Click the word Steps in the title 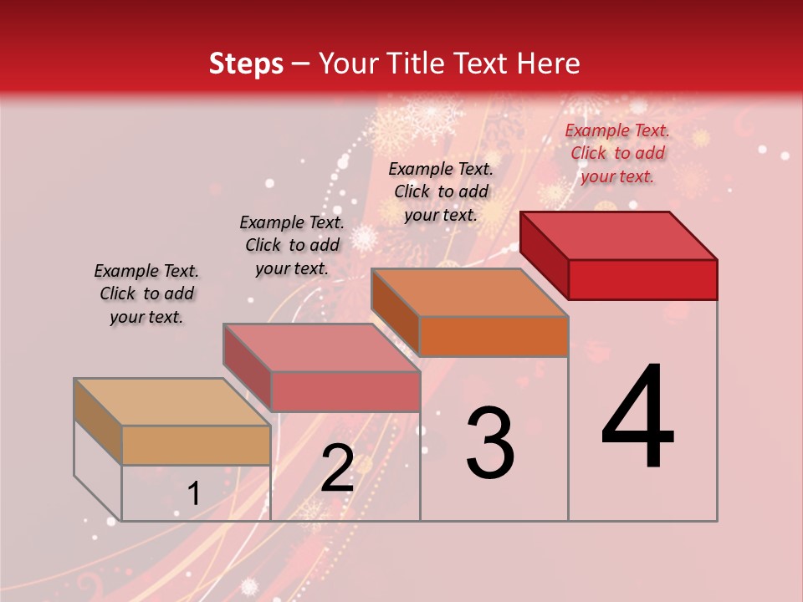(246, 64)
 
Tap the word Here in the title (545, 64)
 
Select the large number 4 (638, 418)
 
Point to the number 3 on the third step (490, 443)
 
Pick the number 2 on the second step (337, 468)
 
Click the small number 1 (193, 494)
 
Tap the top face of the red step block (619, 236)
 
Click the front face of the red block (642, 279)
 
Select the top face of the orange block (470, 293)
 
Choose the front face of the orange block (494, 336)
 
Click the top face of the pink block (321, 348)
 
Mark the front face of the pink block (345, 391)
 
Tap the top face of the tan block (172, 402)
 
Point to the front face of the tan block (196, 445)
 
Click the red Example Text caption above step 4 (617, 153)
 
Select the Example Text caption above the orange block (441, 191)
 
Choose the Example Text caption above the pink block (292, 245)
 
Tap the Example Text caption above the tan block (146, 293)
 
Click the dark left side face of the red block (544, 255)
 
